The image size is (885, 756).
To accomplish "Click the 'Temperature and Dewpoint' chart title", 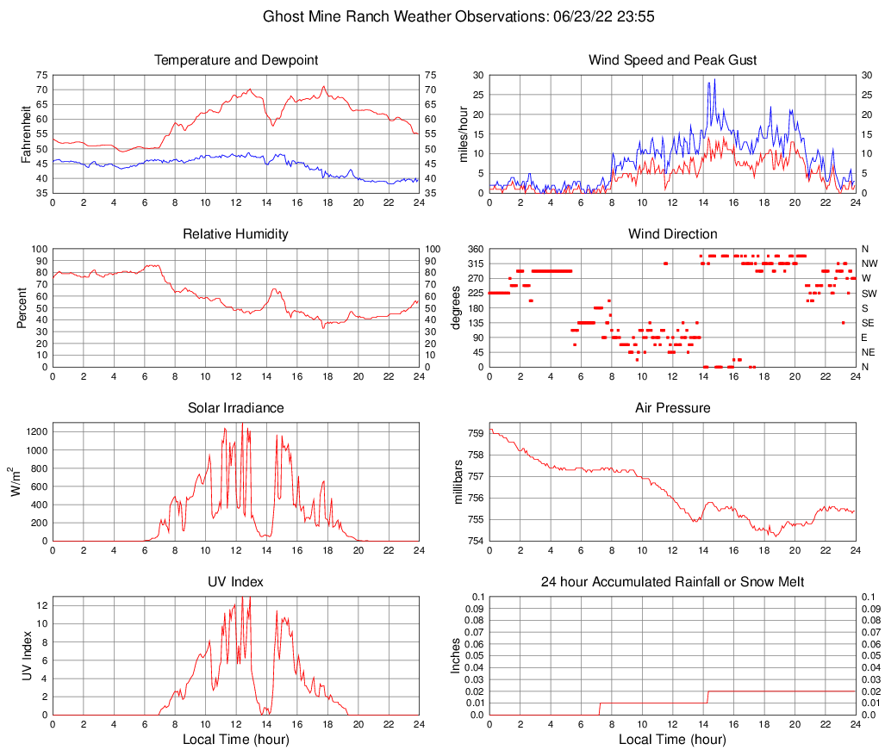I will coord(235,60).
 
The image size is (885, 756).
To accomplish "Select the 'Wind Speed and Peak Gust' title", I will coord(672,60).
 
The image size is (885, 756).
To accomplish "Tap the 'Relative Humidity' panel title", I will coord(235,234).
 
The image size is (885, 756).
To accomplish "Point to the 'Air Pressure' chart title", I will coord(672,408).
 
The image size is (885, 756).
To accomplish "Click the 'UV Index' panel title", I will coord(235,582).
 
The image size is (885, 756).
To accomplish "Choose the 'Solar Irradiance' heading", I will coord(235,408).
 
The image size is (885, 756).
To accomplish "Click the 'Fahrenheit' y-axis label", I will coord(25,134).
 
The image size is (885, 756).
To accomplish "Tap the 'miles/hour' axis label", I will coord(463,134).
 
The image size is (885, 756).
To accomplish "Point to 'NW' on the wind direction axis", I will coord(869,263).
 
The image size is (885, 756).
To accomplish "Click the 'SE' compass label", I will coord(868,323).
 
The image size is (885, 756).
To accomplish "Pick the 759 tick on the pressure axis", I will coord(473,433).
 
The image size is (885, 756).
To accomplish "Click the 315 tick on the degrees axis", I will coord(473,263).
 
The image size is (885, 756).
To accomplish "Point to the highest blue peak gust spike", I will coord(714,80).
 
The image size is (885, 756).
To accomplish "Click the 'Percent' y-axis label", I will coord(23,308).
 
